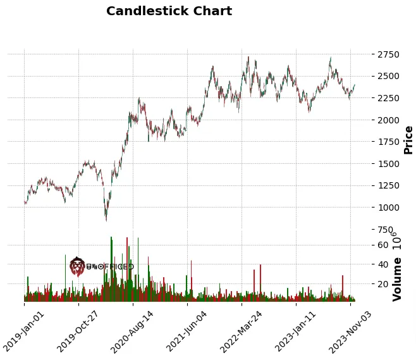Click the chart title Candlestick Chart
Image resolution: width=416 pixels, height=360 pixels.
(169, 11)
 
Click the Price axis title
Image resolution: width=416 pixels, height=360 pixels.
(408, 140)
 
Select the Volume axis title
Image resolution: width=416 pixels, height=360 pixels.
(397, 278)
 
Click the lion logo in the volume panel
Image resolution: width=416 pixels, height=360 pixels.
(77, 266)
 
